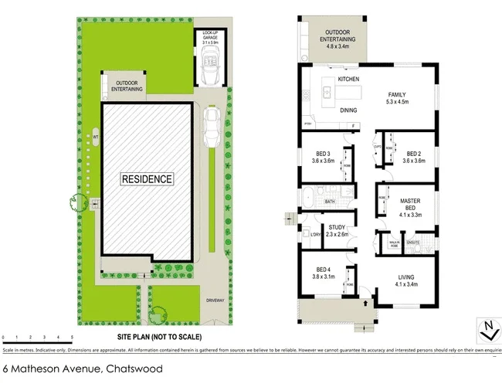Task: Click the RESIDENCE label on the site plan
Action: click(147, 178)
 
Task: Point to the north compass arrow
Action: click(487, 330)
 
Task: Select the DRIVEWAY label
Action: click(215, 299)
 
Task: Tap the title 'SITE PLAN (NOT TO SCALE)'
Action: click(159, 338)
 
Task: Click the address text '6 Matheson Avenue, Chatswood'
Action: click(83, 369)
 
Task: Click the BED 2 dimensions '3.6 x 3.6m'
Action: click(414, 161)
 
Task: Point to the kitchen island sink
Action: click(327, 94)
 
